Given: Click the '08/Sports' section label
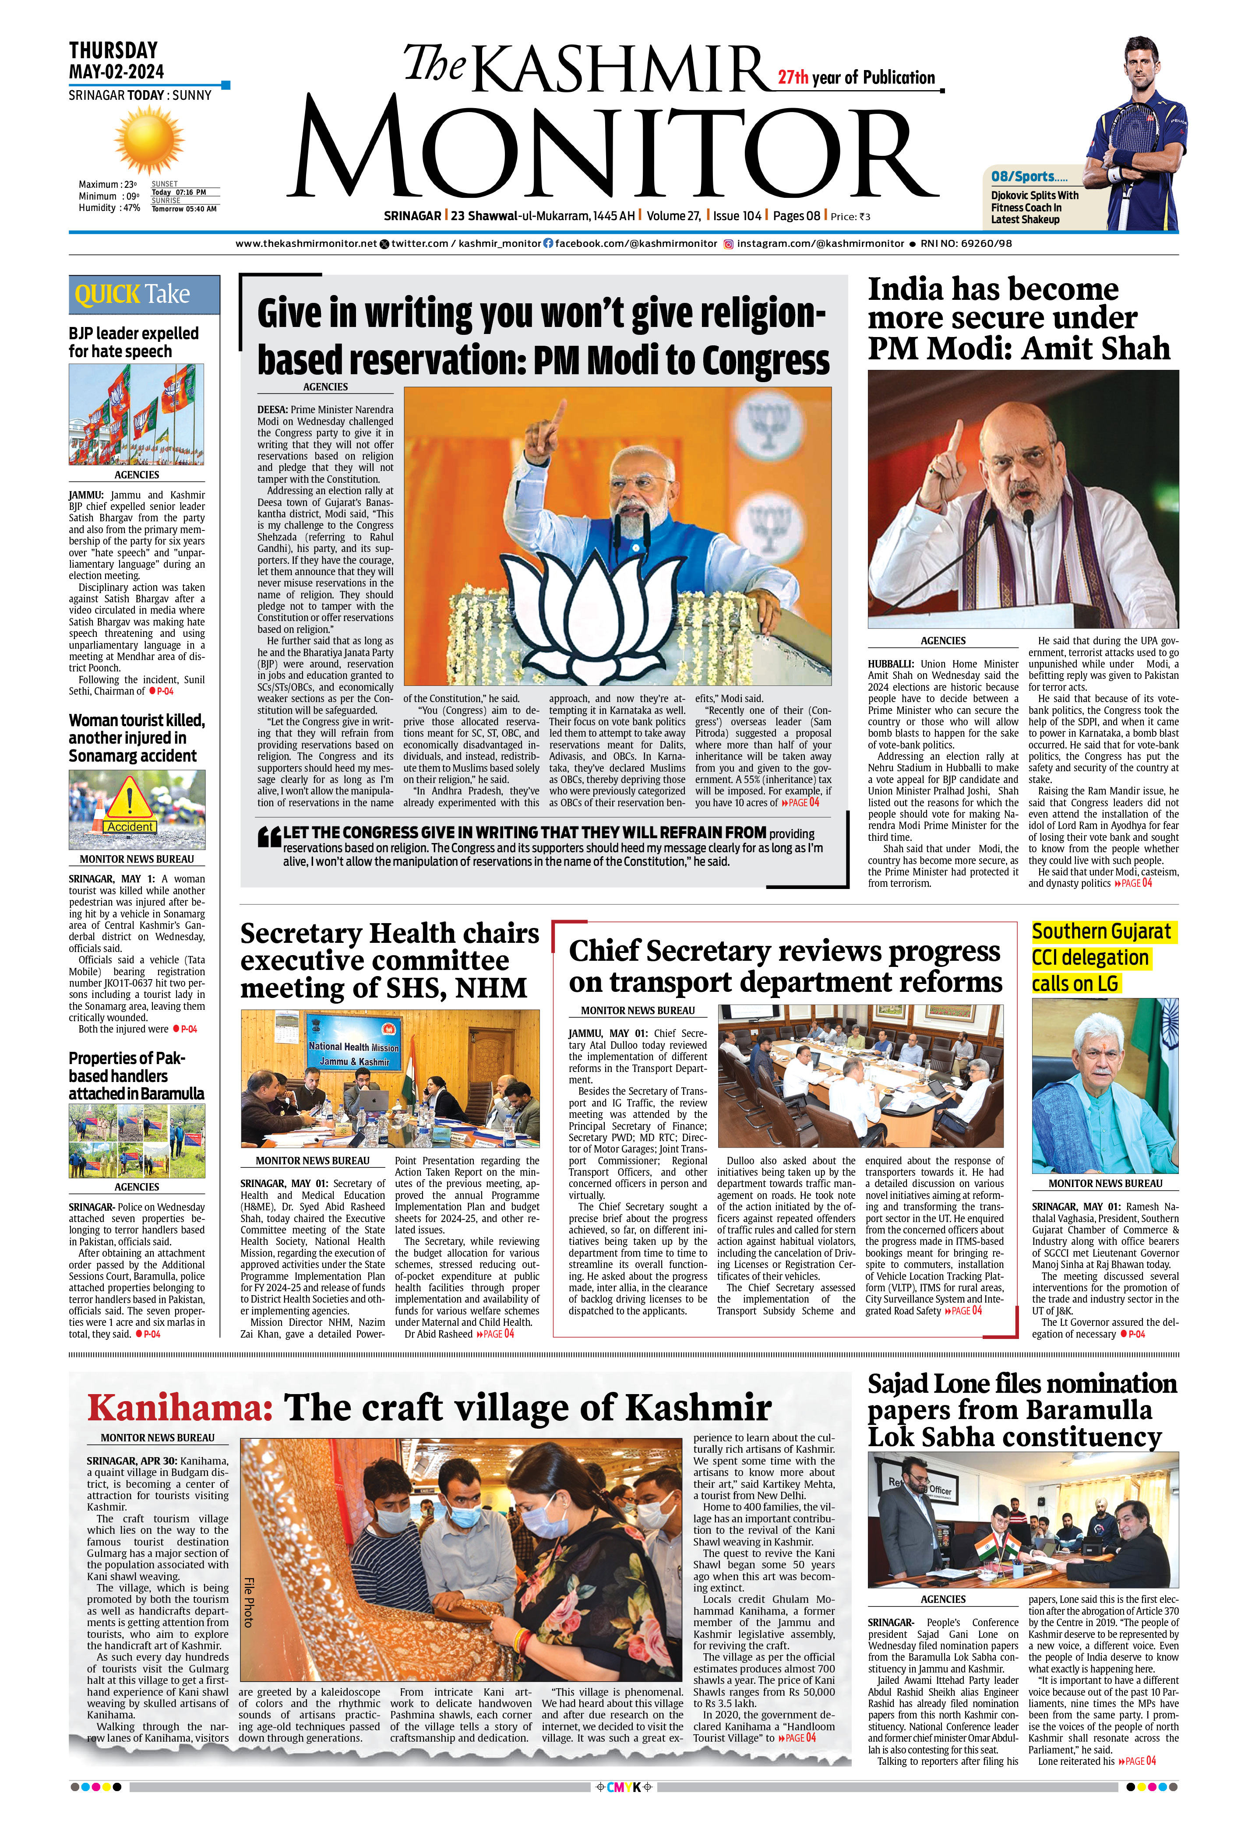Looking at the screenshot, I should point(1022,177).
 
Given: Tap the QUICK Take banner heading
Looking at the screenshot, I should point(133,295).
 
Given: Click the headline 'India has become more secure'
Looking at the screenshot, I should point(1019,318).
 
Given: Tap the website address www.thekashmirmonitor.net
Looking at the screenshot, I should point(307,244).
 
